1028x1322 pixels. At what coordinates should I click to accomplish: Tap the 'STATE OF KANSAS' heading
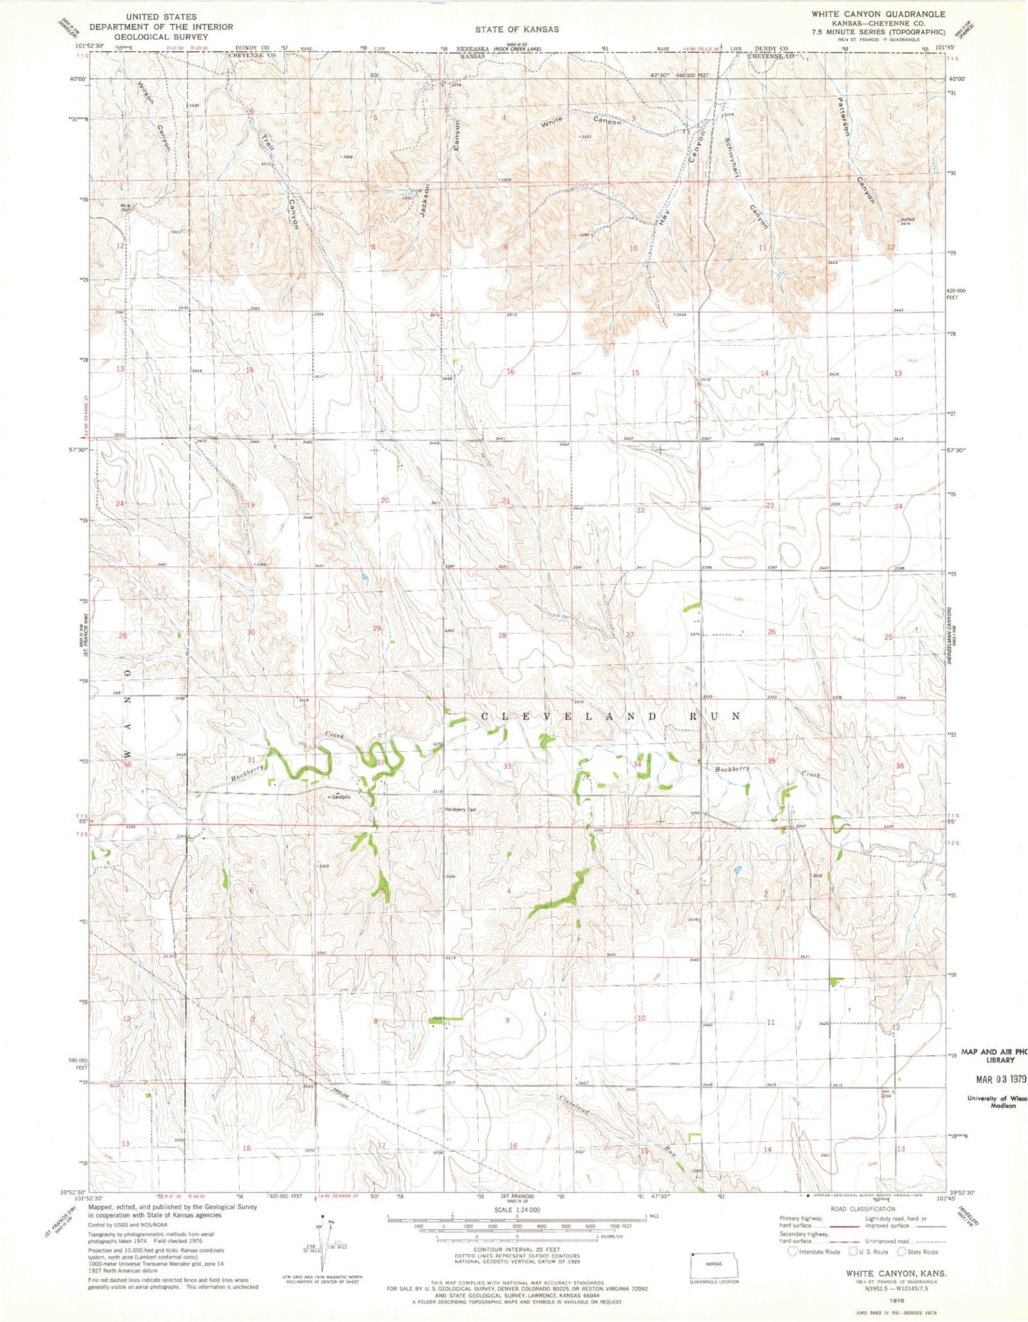(x=517, y=29)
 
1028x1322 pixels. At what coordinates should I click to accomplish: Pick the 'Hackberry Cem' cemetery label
(x=460, y=809)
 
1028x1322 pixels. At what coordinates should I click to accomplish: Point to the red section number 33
(x=507, y=766)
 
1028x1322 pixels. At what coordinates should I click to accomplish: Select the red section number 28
(x=502, y=635)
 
